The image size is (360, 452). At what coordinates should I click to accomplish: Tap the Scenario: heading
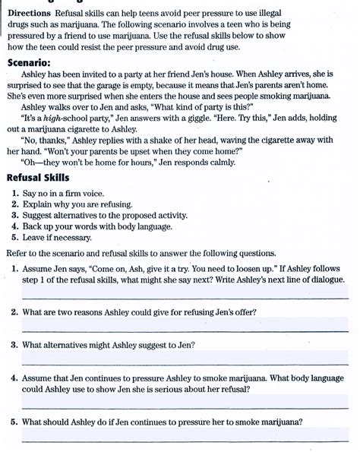[30, 64]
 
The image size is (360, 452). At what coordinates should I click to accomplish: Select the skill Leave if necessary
[57, 237]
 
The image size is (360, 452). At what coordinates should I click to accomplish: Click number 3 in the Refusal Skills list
[15, 216]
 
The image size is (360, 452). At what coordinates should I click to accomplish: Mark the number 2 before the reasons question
[15, 312]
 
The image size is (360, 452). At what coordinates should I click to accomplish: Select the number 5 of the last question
[15, 422]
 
